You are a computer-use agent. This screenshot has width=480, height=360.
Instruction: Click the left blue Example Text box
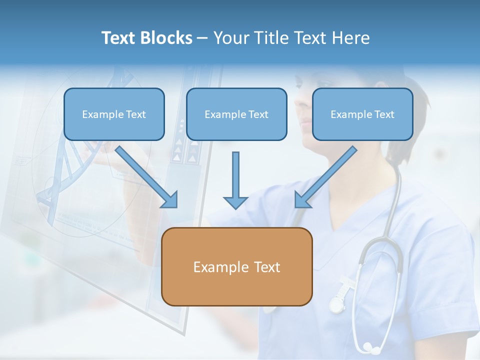(114, 114)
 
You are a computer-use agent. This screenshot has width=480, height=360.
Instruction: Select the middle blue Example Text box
(236, 114)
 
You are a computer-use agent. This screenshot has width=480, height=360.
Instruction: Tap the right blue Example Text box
(362, 114)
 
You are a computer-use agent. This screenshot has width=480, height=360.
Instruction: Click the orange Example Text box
(236, 266)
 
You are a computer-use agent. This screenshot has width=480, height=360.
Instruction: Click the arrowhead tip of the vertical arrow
(235, 207)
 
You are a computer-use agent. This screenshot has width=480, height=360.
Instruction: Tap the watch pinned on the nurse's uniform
(337, 302)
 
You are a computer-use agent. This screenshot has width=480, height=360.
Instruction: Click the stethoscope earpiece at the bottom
(368, 346)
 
